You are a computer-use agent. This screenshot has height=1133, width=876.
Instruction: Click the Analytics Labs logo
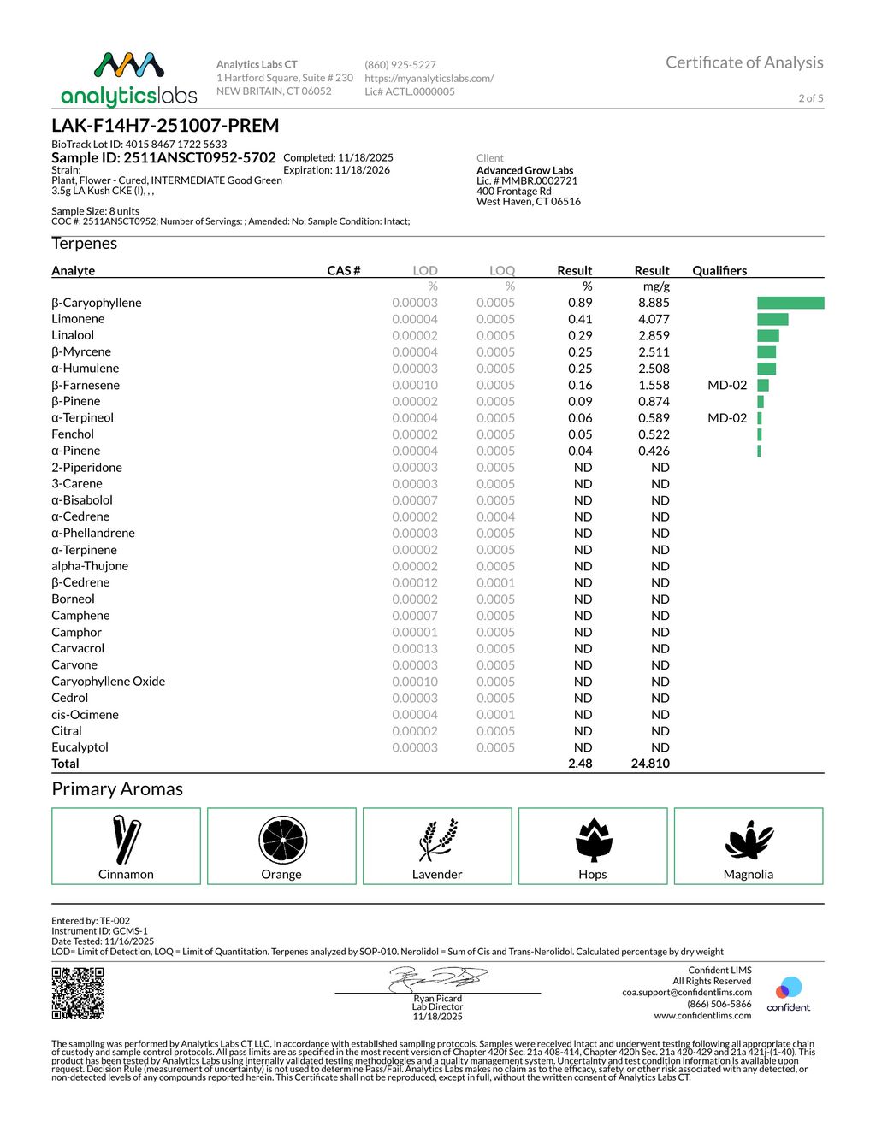point(128,79)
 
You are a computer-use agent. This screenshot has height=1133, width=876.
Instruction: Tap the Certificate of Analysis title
point(743,62)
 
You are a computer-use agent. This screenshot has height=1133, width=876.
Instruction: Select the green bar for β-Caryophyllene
point(790,303)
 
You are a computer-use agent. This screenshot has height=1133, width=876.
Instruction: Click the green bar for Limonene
point(772,319)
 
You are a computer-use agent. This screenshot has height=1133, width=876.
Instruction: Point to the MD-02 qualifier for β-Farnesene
point(726,385)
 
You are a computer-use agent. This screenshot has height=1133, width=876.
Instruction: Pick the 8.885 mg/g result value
point(654,303)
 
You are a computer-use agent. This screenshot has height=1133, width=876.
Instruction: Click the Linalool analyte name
point(73,335)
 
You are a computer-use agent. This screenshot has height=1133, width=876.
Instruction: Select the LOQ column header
point(502,270)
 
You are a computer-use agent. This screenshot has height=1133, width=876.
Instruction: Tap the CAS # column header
point(343,270)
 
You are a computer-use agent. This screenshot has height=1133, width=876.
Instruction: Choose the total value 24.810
point(650,764)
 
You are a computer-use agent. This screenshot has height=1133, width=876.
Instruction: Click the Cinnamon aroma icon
point(126,840)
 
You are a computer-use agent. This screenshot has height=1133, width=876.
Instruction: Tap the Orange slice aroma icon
point(282,840)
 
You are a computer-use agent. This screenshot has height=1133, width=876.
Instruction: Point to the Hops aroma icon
point(593,840)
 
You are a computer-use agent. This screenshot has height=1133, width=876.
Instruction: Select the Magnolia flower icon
point(749,840)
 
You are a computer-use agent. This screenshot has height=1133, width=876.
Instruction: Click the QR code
point(78,993)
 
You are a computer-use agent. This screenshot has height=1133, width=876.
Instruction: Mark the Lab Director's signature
point(438,978)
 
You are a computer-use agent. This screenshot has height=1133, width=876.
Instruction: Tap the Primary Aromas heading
point(117,789)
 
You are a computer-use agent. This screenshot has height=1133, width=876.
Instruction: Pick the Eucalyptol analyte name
point(80,747)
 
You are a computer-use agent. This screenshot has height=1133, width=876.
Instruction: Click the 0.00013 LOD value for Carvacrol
point(415,648)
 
